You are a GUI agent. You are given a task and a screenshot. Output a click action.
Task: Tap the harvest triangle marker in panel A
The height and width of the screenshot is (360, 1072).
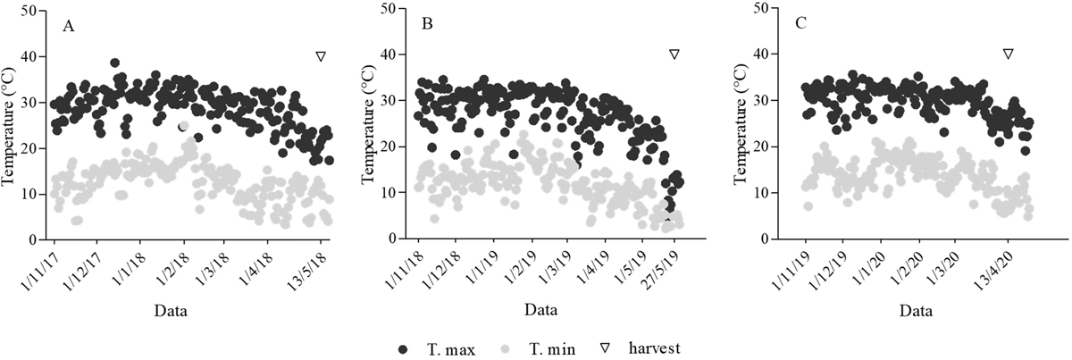pyautogui.click(x=320, y=56)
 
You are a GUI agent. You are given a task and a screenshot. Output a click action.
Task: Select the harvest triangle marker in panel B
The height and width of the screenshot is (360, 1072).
pyautogui.click(x=674, y=54)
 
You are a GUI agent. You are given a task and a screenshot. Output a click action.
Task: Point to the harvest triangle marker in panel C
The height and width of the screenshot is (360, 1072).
pyautogui.click(x=1009, y=54)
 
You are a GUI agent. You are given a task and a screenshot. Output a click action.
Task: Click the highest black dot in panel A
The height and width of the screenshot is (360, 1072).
pyautogui.click(x=114, y=63)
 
